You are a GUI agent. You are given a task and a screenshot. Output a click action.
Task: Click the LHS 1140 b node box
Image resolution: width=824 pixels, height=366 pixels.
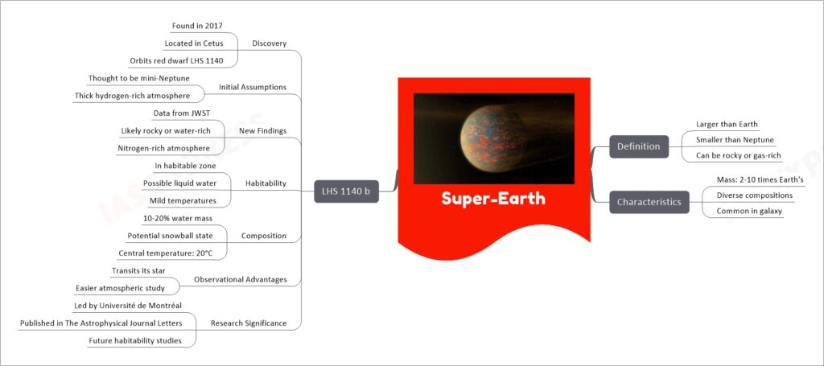point(346,191)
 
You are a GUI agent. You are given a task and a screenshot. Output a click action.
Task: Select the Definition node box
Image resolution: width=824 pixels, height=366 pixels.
point(639,146)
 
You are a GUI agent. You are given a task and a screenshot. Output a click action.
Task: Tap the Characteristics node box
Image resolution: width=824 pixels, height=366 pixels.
point(649,202)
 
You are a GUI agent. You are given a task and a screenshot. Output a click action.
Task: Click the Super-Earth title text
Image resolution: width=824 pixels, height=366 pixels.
point(493,199)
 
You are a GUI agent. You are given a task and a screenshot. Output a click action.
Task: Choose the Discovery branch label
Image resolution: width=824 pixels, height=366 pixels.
point(269,43)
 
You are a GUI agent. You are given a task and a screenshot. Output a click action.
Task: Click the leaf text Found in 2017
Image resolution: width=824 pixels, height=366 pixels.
point(197,25)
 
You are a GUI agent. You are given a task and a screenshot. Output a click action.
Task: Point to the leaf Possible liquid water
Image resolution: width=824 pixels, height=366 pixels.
point(179,183)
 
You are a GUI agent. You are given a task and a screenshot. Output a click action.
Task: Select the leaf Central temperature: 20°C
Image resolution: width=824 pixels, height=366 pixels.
point(166,253)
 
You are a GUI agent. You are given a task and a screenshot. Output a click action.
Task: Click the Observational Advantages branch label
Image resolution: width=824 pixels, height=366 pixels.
point(240,280)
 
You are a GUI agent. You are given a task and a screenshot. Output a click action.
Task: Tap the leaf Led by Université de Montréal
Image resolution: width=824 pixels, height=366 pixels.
point(138,306)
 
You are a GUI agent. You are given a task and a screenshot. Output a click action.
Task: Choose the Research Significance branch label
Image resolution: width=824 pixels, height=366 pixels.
point(249,323)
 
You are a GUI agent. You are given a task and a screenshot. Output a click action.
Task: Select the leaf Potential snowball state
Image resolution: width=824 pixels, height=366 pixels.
point(171,236)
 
